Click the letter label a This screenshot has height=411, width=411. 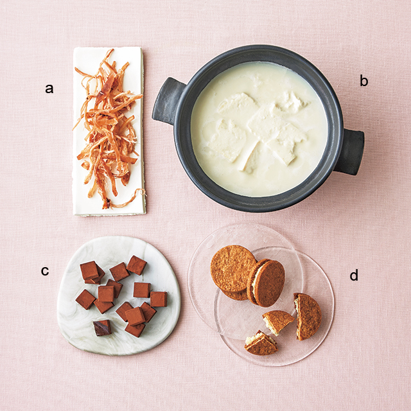tap(49, 89)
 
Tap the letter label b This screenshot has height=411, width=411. tap(364, 81)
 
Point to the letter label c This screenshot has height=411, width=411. tap(45, 271)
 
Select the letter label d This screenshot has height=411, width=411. tap(354, 275)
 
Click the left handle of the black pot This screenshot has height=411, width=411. tap(168, 101)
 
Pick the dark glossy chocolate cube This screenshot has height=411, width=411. tap(102, 328)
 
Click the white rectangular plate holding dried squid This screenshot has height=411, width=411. tap(109, 131)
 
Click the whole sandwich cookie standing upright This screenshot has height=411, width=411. tap(266, 283)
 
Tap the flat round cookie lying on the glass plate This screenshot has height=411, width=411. tap(232, 268)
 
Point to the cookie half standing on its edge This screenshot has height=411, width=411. tap(308, 317)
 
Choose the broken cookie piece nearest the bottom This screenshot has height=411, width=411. tap(261, 344)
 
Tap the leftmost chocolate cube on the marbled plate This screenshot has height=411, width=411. tap(85, 299)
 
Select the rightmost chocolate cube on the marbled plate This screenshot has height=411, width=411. tap(159, 299)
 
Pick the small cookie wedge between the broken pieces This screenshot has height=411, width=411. tap(277, 322)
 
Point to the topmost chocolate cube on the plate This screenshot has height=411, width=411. tap(137, 265)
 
